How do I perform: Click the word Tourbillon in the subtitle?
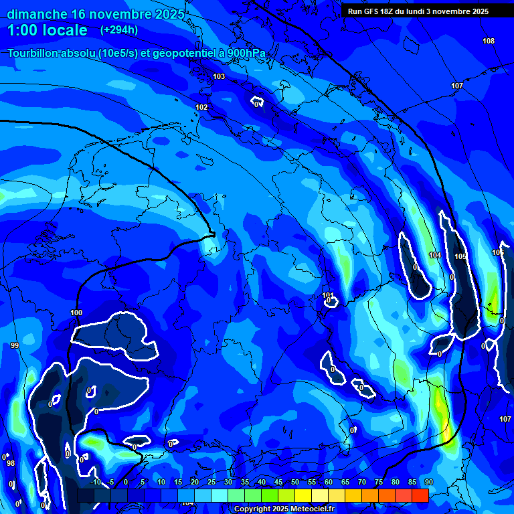pyautogui.click(x=33, y=54)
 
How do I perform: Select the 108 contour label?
pyautogui.click(x=489, y=41)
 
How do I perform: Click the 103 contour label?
pyautogui.click(x=219, y=77)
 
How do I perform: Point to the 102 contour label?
pyautogui.click(x=201, y=108)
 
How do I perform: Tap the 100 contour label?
pyautogui.click(x=76, y=313)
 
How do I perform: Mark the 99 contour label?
pyautogui.click(x=15, y=345)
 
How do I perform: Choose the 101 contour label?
pyautogui.click(x=328, y=295)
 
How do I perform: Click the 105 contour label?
pyautogui.click(x=460, y=257)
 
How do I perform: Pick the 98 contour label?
pyautogui.click(x=11, y=463)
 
